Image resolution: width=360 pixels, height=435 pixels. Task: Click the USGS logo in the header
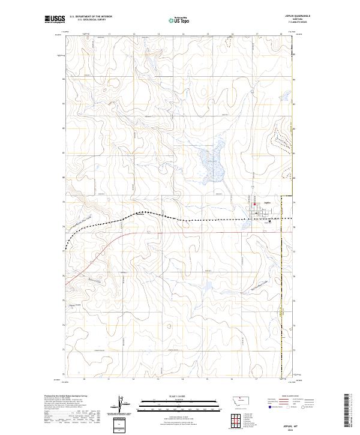55,20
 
